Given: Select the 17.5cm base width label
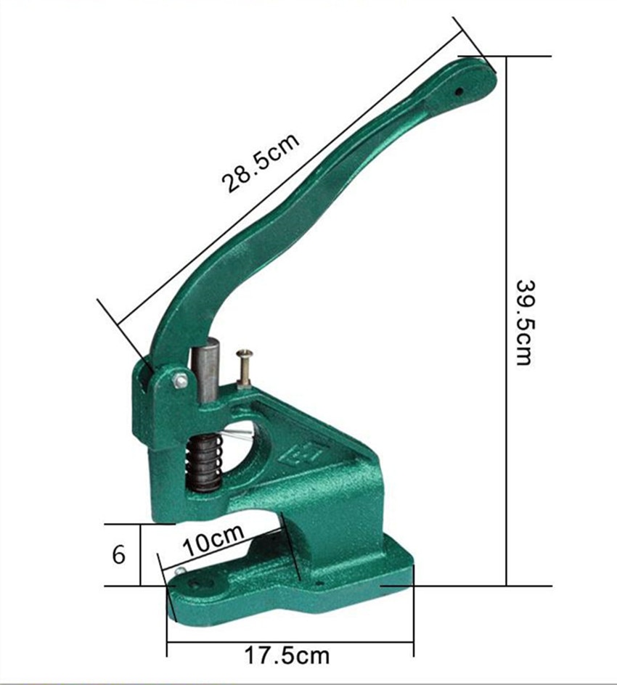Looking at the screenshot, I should (286, 656).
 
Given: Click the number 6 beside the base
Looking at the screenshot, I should (118, 555).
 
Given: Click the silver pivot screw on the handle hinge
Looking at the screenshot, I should (180, 380).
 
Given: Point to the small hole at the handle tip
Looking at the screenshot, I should (459, 92).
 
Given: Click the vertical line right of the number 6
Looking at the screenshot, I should (140, 555).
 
